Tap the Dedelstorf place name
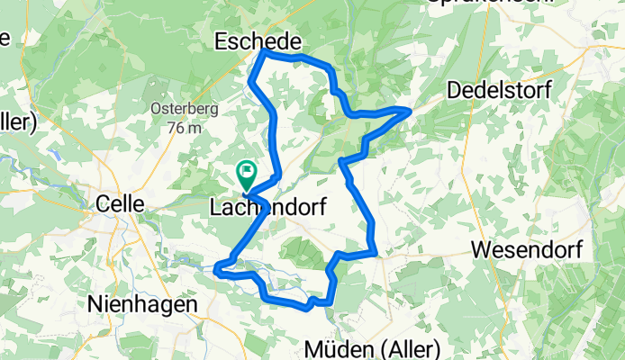click(500, 90)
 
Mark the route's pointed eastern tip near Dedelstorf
click(411, 109)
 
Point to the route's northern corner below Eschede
click(262, 51)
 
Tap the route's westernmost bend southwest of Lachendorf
click(217, 265)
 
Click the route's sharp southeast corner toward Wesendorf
click(376, 254)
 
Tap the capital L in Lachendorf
click(216, 207)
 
